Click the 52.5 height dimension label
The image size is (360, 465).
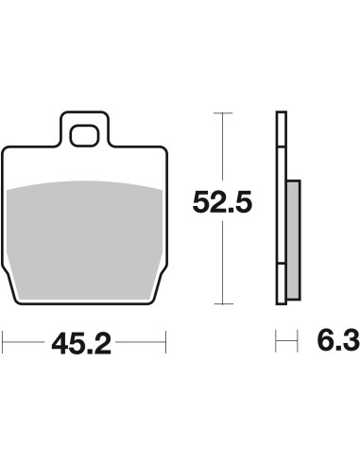click(x=222, y=202)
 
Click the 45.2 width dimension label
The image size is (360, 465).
click(x=81, y=344)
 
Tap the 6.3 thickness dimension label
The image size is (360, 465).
click(x=338, y=340)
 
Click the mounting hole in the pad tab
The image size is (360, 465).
click(x=84, y=136)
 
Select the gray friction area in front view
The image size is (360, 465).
click(x=84, y=240)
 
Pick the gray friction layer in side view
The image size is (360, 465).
click(x=294, y=240)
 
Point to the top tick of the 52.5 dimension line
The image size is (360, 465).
click(x=223, y=112)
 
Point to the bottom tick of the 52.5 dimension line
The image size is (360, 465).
click(x=223, y=304)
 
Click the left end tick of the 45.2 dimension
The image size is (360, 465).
click(x=3, y=342)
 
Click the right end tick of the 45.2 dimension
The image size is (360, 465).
click(x=165, y=342)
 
